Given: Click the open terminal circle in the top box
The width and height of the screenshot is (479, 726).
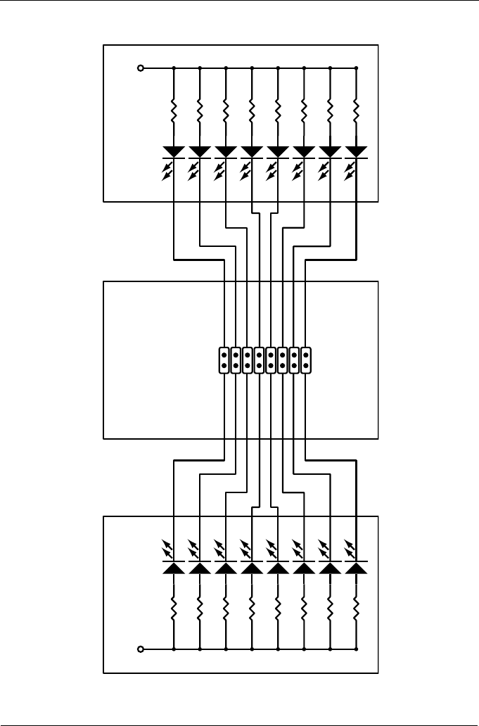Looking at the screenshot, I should [x=141, y=68].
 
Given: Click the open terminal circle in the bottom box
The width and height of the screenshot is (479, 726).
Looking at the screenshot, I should [x=141, y=649].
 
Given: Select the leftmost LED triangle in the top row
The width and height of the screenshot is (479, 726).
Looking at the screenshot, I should [x=174, y=151].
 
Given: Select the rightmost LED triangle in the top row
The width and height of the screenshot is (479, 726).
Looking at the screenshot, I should [x=357, y=151].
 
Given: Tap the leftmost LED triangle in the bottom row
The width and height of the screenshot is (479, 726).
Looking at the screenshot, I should [x=174, y=568].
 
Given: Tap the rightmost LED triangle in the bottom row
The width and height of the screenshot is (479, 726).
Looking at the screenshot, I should [x=357, y=568].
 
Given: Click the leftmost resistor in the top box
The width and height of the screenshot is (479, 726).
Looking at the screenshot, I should [x=174, y=110].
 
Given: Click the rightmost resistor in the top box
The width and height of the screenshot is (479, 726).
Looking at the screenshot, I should [x=357, y=110].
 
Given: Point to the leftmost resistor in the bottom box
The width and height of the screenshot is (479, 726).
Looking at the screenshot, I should [x=174, y=607].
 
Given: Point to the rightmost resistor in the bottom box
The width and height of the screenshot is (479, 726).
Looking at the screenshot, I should [x=357, y=607].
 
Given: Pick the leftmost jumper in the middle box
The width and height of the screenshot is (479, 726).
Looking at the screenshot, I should [x=224, y=359].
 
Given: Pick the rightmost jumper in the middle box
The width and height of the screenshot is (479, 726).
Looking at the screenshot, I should [x=305, y=359].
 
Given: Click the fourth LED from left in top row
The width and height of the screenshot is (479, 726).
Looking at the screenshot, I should [x=252, y=151].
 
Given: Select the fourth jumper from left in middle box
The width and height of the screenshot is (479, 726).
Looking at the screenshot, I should [x=259, y=359].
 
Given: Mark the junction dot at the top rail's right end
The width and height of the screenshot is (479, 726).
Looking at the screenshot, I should [x=357, y=68].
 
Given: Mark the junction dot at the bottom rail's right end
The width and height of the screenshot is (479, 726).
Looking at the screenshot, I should [x=357, y=649].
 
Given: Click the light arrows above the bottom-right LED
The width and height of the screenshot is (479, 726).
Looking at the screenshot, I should [x=351, y=547].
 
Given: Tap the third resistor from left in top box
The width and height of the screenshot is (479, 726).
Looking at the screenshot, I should [x=226, y=110].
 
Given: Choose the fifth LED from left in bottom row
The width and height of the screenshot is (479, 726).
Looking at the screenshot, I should [x=278, y=568].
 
